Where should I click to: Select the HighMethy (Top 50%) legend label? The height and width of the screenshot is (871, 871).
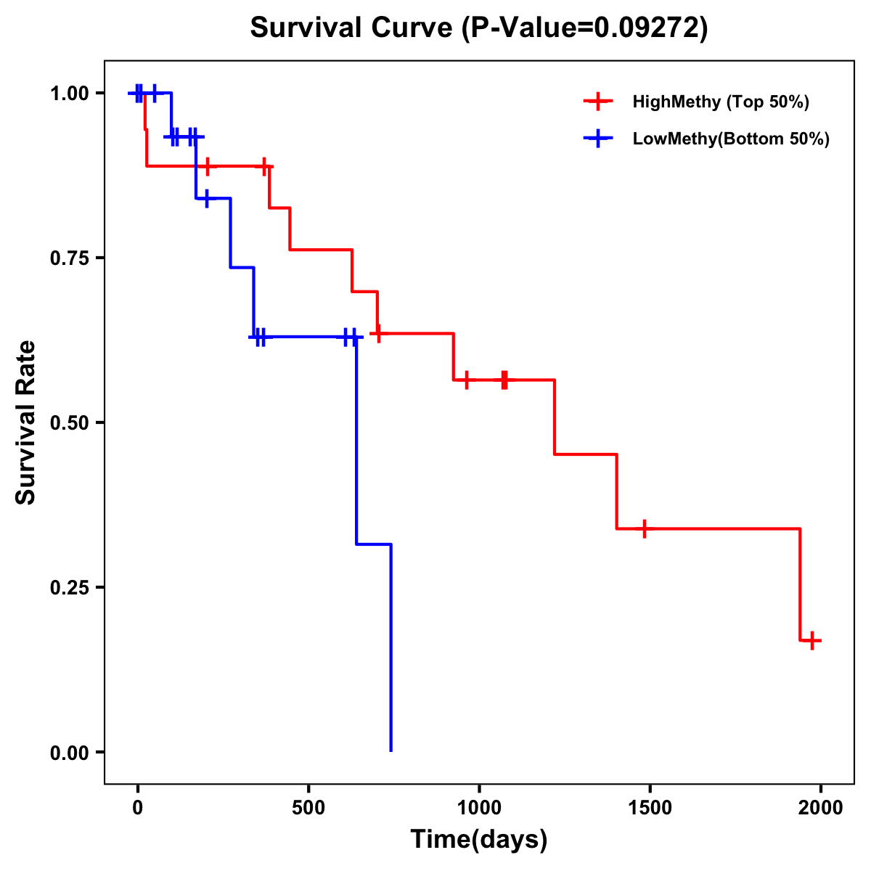[x=721, y=102]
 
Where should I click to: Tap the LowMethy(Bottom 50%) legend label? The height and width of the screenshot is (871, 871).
[x=731, y=139]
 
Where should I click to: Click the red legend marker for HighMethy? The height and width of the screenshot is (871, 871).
[x=597, y=102]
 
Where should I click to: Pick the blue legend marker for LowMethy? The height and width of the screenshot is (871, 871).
[x=597, y=139]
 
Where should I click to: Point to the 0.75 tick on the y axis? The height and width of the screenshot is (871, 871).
[x=69, y=258]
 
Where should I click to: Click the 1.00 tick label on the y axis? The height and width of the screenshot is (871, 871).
[x=69, y=94]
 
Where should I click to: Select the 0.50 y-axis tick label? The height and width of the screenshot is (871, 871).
[x=69, y=423]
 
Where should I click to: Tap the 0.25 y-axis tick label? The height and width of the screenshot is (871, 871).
[x=69, y=588]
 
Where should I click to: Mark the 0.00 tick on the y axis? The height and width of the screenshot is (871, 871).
[x=69, y=753]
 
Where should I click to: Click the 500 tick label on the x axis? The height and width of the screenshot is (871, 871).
[x=308, y=808]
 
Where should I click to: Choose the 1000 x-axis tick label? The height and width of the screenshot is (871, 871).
[x=479, y=808]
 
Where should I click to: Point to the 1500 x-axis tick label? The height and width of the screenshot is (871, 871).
[x=650, y=808]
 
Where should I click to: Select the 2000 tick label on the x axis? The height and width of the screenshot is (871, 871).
[x=820, y=808]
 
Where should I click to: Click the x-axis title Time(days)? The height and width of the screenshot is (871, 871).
[x=479, y=840]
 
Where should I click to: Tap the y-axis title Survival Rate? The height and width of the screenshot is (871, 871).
[x=26, y=422]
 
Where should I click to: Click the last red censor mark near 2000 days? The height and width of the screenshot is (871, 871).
[x=812, y=640]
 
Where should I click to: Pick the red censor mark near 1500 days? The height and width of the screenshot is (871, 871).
[x=644, y=528]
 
